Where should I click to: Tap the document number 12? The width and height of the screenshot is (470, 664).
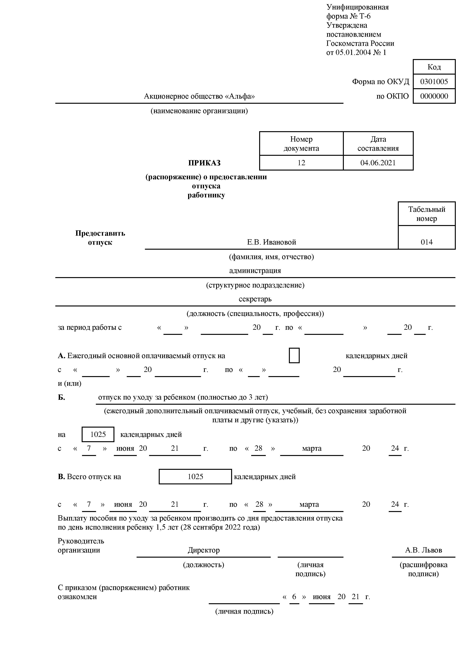coord(301,163)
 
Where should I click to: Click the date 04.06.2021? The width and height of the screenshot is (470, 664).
coord(378,163)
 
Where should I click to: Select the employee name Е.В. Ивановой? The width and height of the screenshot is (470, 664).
coord(271,242)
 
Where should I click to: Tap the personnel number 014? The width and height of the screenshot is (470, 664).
coord(427,242)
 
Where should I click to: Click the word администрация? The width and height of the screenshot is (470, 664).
coord(255,271)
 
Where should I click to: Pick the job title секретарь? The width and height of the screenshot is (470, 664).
coord(255,299)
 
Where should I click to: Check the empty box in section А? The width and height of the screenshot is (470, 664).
coord(294,355)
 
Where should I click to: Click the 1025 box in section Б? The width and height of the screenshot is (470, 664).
coord(98,434)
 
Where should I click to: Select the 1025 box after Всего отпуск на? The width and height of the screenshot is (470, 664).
coord(195,477)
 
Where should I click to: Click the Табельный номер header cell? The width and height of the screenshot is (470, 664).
coord(427,214)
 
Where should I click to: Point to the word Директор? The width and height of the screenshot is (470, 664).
coord(204,550)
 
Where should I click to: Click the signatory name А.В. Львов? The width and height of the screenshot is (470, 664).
coord(423,550)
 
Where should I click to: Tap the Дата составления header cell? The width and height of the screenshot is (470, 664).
coord(378,144)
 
